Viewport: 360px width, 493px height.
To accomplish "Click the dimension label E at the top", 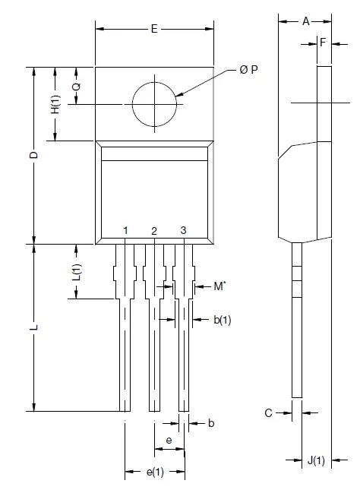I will (154, 29).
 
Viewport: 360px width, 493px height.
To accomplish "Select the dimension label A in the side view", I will (306, 21).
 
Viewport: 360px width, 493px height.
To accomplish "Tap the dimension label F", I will (323, 43).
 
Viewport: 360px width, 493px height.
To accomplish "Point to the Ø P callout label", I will (248, 69).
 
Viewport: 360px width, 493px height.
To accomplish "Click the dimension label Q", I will (76, 86).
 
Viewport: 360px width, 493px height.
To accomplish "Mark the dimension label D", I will (33, 156).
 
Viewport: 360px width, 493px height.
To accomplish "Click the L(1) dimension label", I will (76, 271).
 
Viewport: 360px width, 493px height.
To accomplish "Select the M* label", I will (219, 286).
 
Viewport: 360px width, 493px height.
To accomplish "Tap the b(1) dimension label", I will (222, 321).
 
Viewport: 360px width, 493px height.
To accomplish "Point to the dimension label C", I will (268, 413).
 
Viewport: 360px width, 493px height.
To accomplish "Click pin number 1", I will (125, 230).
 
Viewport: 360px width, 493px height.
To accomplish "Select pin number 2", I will (154, 230).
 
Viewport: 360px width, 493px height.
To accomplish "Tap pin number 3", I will (183, 230).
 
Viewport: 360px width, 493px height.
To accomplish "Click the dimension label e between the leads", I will (169, 440).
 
